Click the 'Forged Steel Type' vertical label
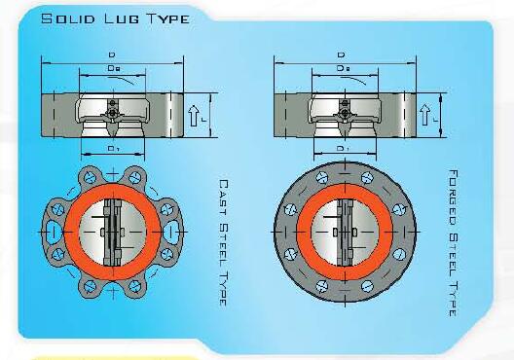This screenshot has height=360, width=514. (453, 242)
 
